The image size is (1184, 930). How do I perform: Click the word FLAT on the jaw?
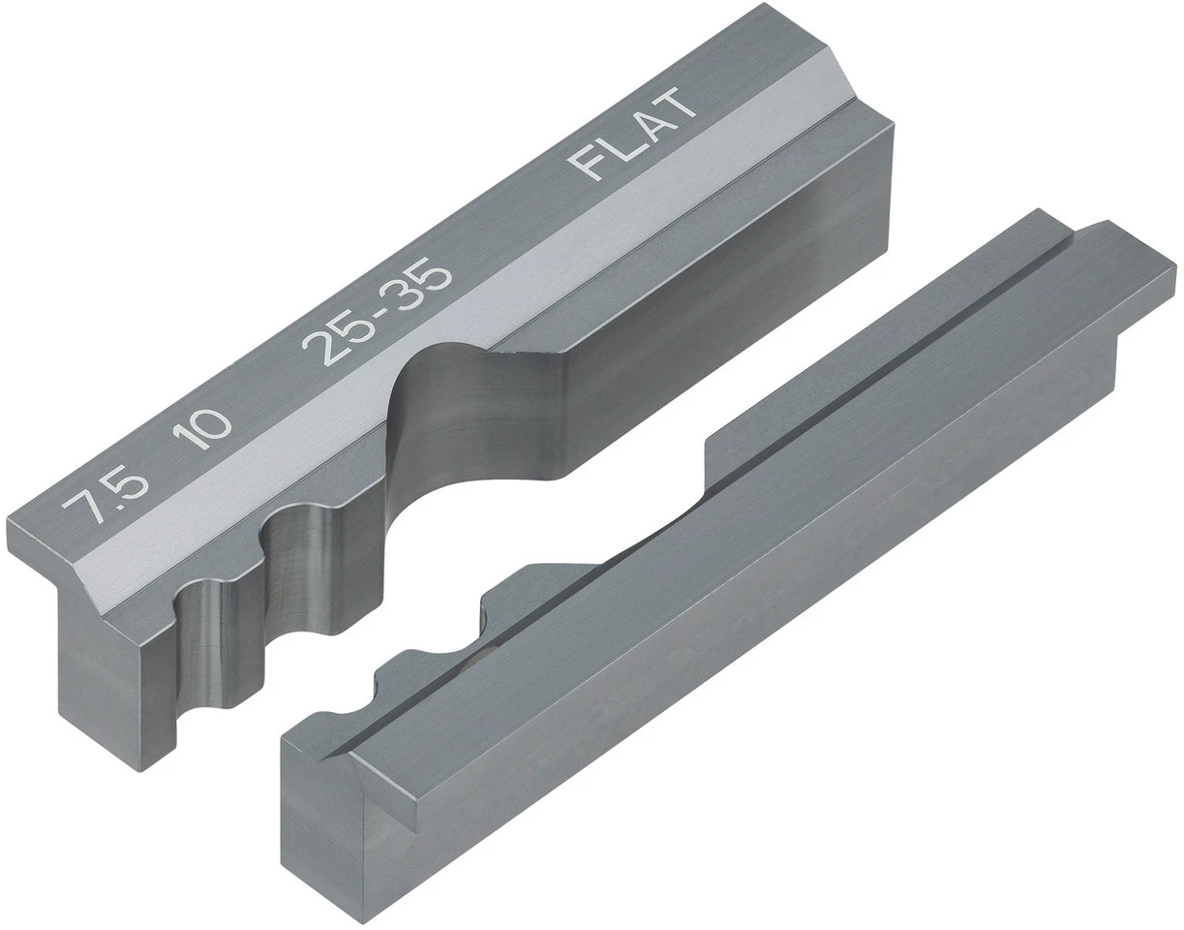click(x=634, y=134)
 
